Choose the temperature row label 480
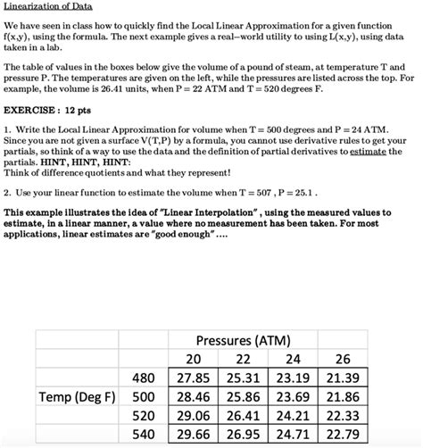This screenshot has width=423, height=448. point(144,377)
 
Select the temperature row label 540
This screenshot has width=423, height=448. point(144,434)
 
